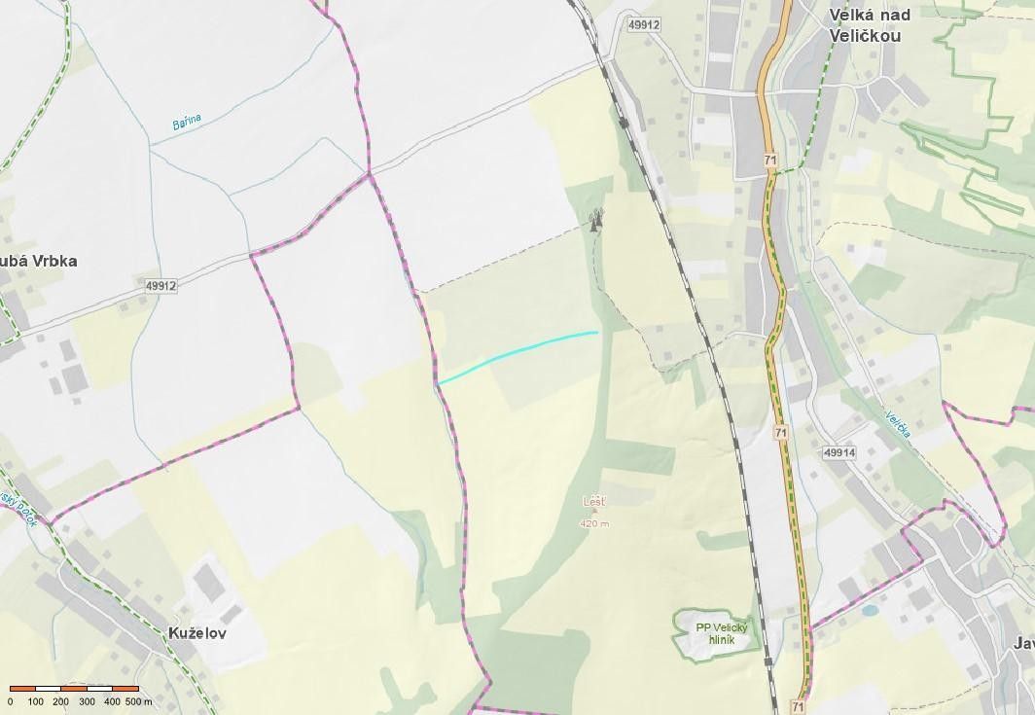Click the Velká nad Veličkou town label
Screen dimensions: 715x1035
coord(865,25)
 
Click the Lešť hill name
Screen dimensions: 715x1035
coord(593,502)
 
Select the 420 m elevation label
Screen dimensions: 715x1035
coord(593,523)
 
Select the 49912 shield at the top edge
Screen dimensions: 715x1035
coord(644,24)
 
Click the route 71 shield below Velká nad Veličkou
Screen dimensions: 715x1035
coord(770,160)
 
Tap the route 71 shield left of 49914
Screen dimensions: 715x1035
coord(781,432)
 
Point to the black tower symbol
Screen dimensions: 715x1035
coord(595,221)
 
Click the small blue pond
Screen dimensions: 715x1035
coord(869,611)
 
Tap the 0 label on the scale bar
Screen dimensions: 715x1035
coord(11,701)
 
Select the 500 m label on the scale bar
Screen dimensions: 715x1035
coord(139,701)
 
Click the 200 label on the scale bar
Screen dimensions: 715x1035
coord(60,701)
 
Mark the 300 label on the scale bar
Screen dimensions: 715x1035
coord(87,701)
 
